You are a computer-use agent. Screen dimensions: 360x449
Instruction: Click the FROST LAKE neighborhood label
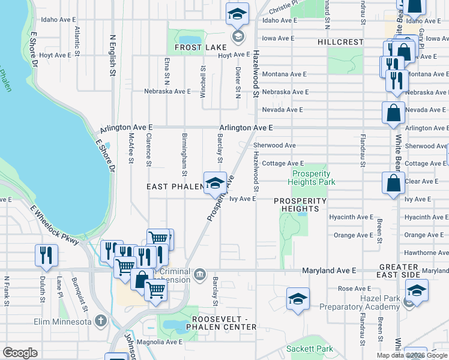[x=200, y=47]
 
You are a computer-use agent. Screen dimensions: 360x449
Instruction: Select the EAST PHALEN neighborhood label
[x=175, y=187]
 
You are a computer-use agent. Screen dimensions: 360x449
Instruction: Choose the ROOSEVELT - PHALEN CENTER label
[x=224, y=323]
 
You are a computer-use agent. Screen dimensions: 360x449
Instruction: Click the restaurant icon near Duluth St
[x=46, y=255]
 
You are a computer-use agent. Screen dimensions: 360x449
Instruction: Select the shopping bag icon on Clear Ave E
[x=393, y=184]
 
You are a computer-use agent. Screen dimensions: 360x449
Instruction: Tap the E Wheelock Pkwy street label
[x=55, y=224]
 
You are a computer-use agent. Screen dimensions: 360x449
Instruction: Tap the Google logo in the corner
[x=20, y=353]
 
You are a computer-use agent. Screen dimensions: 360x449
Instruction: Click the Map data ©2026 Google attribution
[x=412, y=355]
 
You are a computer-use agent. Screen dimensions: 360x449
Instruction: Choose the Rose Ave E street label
[x=354, y=289]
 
